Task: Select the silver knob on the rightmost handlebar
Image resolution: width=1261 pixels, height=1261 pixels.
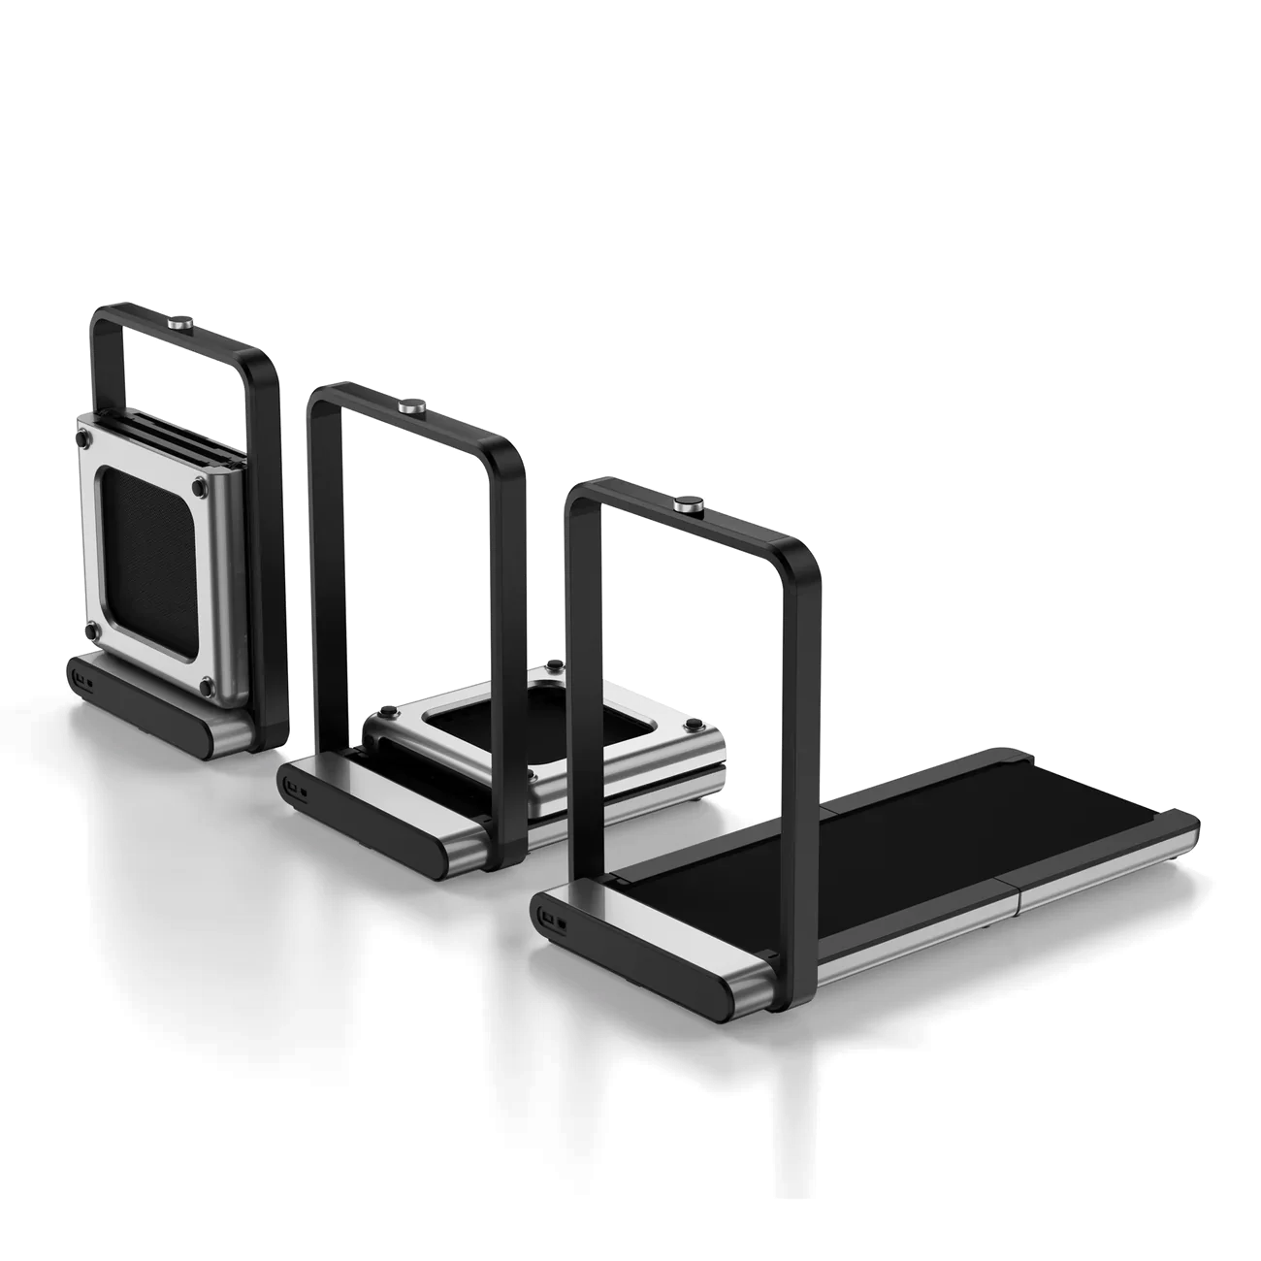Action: tap(690, 504)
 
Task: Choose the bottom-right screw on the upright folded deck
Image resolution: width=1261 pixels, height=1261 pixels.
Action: tap(206, 686)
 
